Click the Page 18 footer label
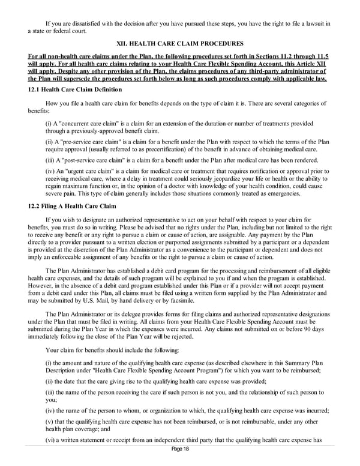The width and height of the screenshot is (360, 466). pos(180,457)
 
